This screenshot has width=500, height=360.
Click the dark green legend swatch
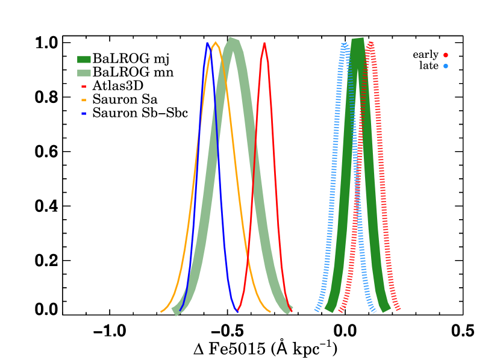point(84,60)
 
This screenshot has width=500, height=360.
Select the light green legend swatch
point(84,73)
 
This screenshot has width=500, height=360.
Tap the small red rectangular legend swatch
point(84,87)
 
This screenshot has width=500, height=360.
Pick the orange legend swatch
point(84,100)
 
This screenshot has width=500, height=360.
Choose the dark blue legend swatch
point(84,113)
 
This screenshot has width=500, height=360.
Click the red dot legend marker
point(446,55)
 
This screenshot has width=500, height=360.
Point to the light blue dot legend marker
point(446,66)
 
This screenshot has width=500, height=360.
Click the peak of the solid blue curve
point(207,43)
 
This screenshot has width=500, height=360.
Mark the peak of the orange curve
point(216,43)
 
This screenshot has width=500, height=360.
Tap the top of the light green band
point(233,39)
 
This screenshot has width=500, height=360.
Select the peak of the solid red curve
point(264,43)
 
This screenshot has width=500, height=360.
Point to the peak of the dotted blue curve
point(344,44)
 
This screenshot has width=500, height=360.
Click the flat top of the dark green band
point(358,40)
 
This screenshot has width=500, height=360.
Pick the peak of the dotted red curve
point(370,43)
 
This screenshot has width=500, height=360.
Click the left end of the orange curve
point(161,312)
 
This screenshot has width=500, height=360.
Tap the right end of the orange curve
point(270,311)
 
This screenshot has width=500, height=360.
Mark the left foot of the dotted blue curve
point(316,311)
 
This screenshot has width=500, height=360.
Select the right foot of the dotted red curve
point(398,310)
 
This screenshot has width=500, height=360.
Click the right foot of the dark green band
point(386,309)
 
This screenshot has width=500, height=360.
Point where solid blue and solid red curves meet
point(238,310)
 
